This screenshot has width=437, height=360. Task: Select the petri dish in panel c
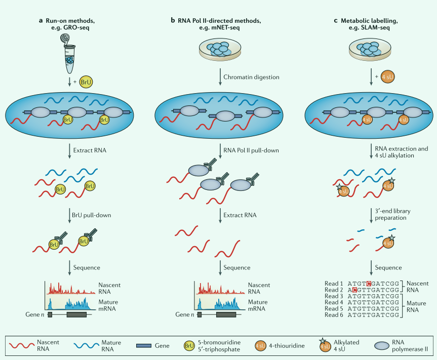pyautogui.click(x=371, y=49)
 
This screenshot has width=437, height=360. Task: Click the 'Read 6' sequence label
pyautogui.click(x=334, y=315)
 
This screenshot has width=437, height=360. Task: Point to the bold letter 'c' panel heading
pyautogui.click(x=336, y=20)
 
